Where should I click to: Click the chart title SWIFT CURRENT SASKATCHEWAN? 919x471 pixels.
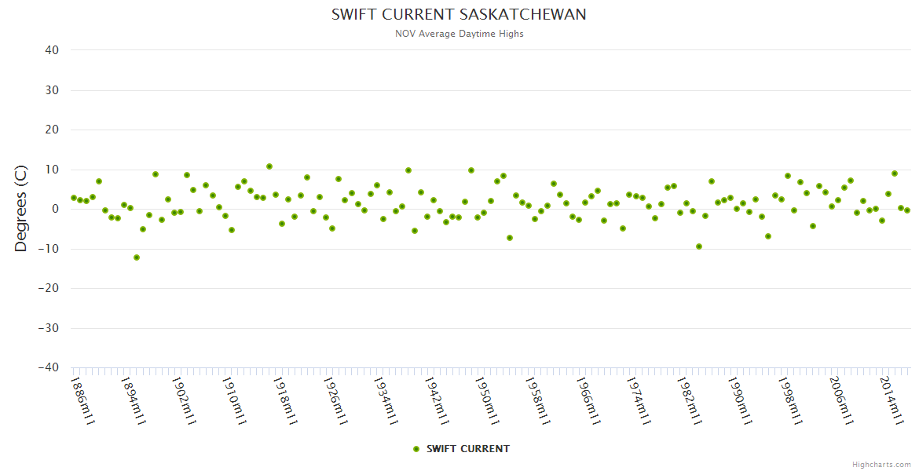pos(459,15)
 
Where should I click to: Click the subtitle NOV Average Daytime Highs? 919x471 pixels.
pos(459,34)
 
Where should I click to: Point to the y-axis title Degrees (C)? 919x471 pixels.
pos(21,208)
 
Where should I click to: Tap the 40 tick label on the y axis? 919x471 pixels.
pos(52,50)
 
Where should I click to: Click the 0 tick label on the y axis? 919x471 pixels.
pos(55,209)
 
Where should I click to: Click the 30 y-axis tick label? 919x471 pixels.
pos(52,90)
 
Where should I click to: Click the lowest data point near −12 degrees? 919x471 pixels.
pos(137,257)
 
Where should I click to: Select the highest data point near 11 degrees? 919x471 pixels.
pos(269,166)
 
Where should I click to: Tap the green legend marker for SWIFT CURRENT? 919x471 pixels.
pos(416,449)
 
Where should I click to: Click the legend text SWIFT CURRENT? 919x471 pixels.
pos(468,449)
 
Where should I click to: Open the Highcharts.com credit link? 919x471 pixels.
pos(881,464)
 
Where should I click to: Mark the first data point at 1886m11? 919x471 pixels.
pos(74,198)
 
